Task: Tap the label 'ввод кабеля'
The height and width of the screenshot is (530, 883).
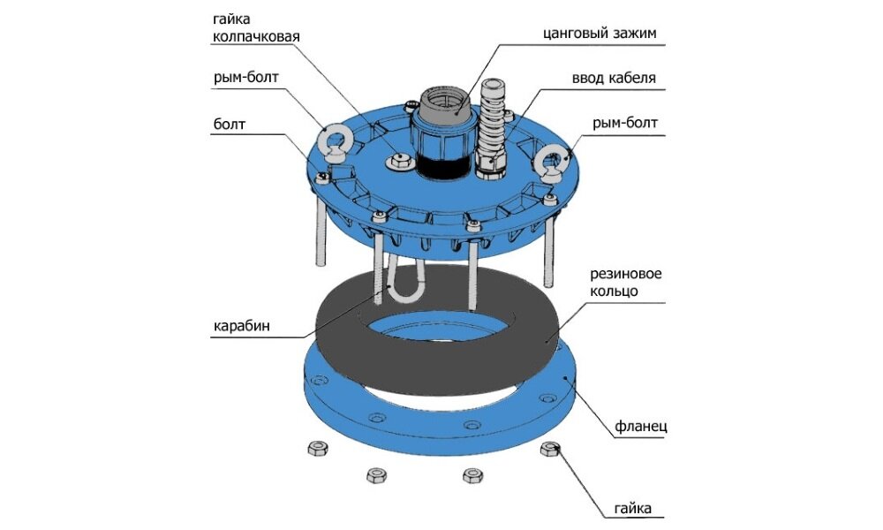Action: [613, 78]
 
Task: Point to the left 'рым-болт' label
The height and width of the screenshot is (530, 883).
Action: [245, 78]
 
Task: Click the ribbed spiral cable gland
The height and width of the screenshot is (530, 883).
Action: [491, 124]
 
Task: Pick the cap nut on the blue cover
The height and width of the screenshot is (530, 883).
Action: [398, 159]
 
